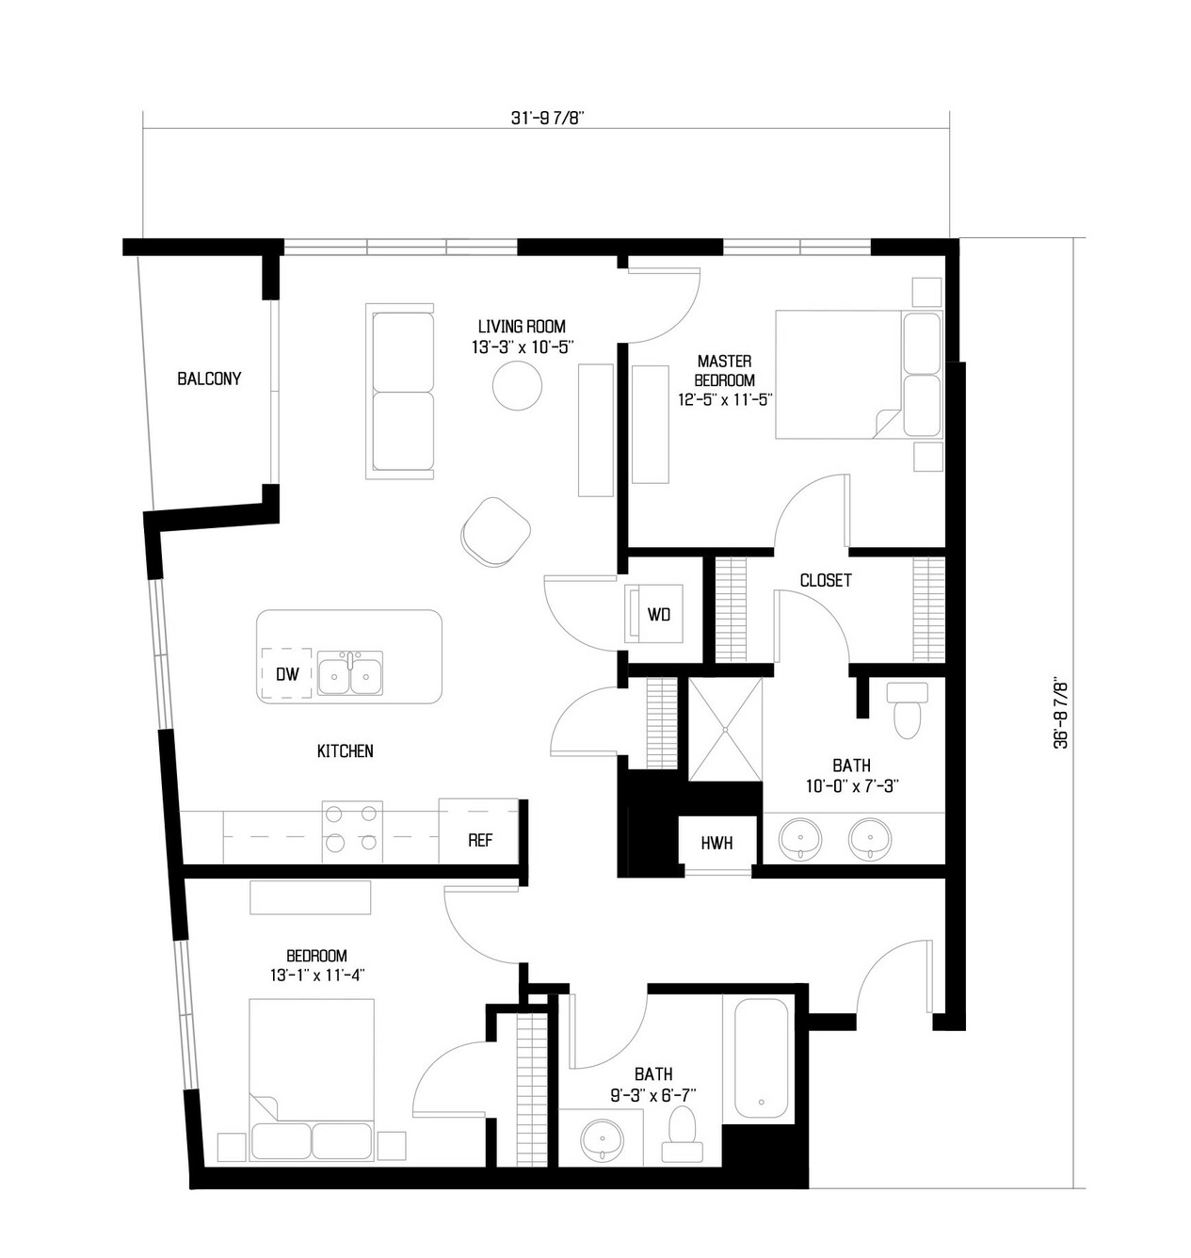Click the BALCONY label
coord(209,379)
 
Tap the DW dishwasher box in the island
coord(287,673)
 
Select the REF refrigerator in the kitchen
coord(478,830)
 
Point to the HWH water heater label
coord(716,844)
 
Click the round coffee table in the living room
coord(517,385)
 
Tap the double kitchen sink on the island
coord(350,673)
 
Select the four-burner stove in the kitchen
coord(351,831)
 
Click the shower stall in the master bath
coord(725,730)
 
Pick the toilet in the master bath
coord(907,710)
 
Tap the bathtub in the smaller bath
coord(761,1056)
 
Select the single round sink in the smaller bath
coord(602,1140)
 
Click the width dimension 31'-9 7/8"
coord(549,119)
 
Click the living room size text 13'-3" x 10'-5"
coord(522,347)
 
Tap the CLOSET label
coord(826,580)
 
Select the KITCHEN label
coord(345,751)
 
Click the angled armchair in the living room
coord(496,532)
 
